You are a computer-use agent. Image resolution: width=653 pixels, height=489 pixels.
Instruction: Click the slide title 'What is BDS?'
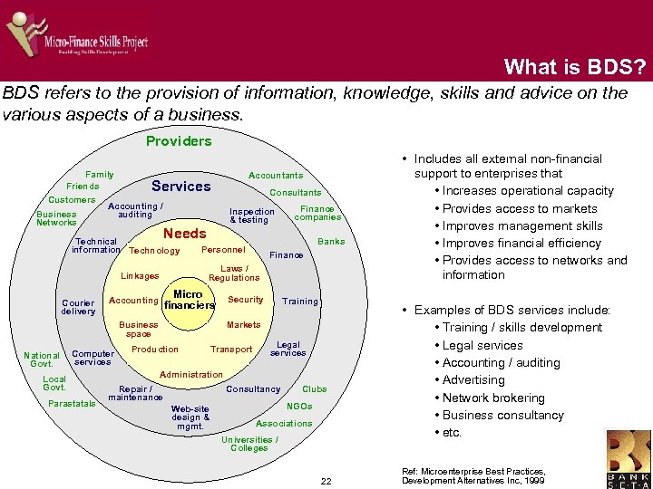coord(575,66)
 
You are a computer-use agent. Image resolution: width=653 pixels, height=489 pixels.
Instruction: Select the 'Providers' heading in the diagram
coord(179,140)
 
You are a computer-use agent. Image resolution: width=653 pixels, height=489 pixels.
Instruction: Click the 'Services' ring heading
coord(181,186)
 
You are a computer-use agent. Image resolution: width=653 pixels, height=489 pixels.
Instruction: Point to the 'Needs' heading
coord(185,233)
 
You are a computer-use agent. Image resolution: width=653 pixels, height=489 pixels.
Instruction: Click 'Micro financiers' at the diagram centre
coord(189,300)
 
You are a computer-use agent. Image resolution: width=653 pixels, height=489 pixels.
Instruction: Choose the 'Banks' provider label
coord(331,241)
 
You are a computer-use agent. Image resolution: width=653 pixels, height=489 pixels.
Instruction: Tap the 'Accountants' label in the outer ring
coord(276,175)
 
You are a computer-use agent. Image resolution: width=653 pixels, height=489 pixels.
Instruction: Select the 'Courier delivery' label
coord(78,307)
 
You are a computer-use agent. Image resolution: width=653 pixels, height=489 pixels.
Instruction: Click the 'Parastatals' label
coord(72,403)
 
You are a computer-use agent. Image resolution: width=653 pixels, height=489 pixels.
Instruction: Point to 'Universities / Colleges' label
coord(249,444)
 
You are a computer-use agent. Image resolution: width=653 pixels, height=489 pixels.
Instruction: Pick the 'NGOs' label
coord(299,407)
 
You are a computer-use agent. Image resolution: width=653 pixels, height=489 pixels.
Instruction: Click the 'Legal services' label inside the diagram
coord(288,349)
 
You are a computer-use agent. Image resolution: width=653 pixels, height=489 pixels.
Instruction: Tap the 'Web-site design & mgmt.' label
coord(190,417)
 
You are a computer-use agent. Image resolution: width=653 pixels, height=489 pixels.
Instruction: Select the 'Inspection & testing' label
coord(251,216)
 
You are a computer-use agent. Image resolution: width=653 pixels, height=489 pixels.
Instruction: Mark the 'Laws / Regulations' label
coord(234,273)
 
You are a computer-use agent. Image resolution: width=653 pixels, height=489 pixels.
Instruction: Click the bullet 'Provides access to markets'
coord(520,208)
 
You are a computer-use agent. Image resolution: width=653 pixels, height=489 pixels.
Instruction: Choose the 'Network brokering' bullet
coord(493,398)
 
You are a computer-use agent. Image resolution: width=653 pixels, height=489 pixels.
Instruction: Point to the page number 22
coord(326,480)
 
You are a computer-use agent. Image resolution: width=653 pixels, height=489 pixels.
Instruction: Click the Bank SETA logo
coord(629,456)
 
